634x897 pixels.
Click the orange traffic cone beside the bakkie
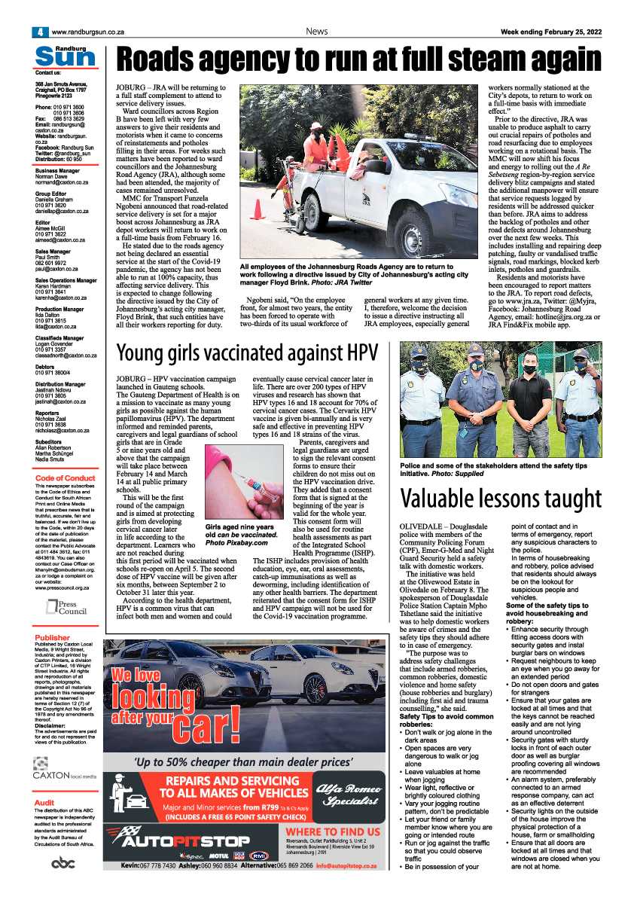[x=256, y=209]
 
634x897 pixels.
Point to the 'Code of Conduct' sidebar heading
[x=65, y=478]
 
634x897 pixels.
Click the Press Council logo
[x=65, y=606]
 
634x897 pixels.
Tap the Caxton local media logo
[x=65, y=770]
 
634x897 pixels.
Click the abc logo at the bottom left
[x=64, y=864]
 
